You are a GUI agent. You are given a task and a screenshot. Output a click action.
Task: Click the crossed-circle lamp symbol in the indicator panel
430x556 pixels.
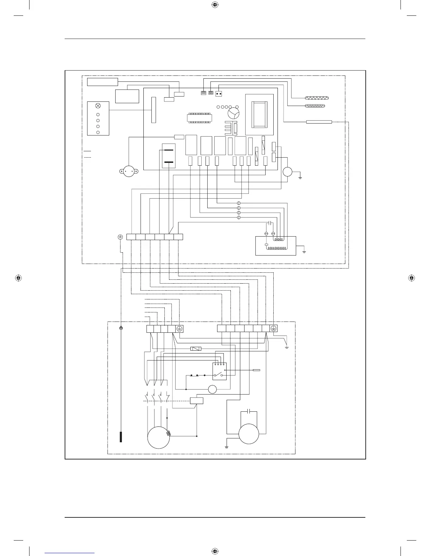coord(98,106)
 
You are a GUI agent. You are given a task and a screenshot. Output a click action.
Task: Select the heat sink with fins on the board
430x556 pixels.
coord(229,128)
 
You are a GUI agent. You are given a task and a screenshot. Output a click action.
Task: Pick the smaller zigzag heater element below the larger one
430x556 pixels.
coord(314,106)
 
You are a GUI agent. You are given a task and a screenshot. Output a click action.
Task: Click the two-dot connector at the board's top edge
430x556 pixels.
coord(219,94)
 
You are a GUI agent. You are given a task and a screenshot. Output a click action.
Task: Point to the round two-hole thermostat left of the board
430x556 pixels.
coord(129,171)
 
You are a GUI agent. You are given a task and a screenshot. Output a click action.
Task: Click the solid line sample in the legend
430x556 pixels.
coord(87,151)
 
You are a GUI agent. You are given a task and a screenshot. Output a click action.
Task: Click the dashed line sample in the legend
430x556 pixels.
coord(87,157)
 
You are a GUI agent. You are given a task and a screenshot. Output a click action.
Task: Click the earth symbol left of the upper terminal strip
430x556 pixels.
coord(120,237)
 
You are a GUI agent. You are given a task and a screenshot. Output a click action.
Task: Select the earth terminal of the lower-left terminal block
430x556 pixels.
coord(180,329)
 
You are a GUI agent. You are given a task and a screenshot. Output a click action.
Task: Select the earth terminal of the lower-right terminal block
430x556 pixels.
coord(274,329)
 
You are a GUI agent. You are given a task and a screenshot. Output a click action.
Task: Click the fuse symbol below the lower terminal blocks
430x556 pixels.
coord(195,349)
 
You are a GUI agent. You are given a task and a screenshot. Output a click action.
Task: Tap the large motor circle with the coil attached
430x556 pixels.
coord(158,437)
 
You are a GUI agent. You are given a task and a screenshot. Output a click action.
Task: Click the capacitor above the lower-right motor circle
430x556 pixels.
coord(249,411)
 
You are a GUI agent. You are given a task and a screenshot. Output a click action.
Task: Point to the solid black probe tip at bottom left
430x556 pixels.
coord(121,437)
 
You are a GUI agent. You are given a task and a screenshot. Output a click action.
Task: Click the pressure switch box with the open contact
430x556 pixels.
coord(219,371)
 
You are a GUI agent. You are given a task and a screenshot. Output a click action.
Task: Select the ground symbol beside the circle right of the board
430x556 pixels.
coord(300,177)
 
